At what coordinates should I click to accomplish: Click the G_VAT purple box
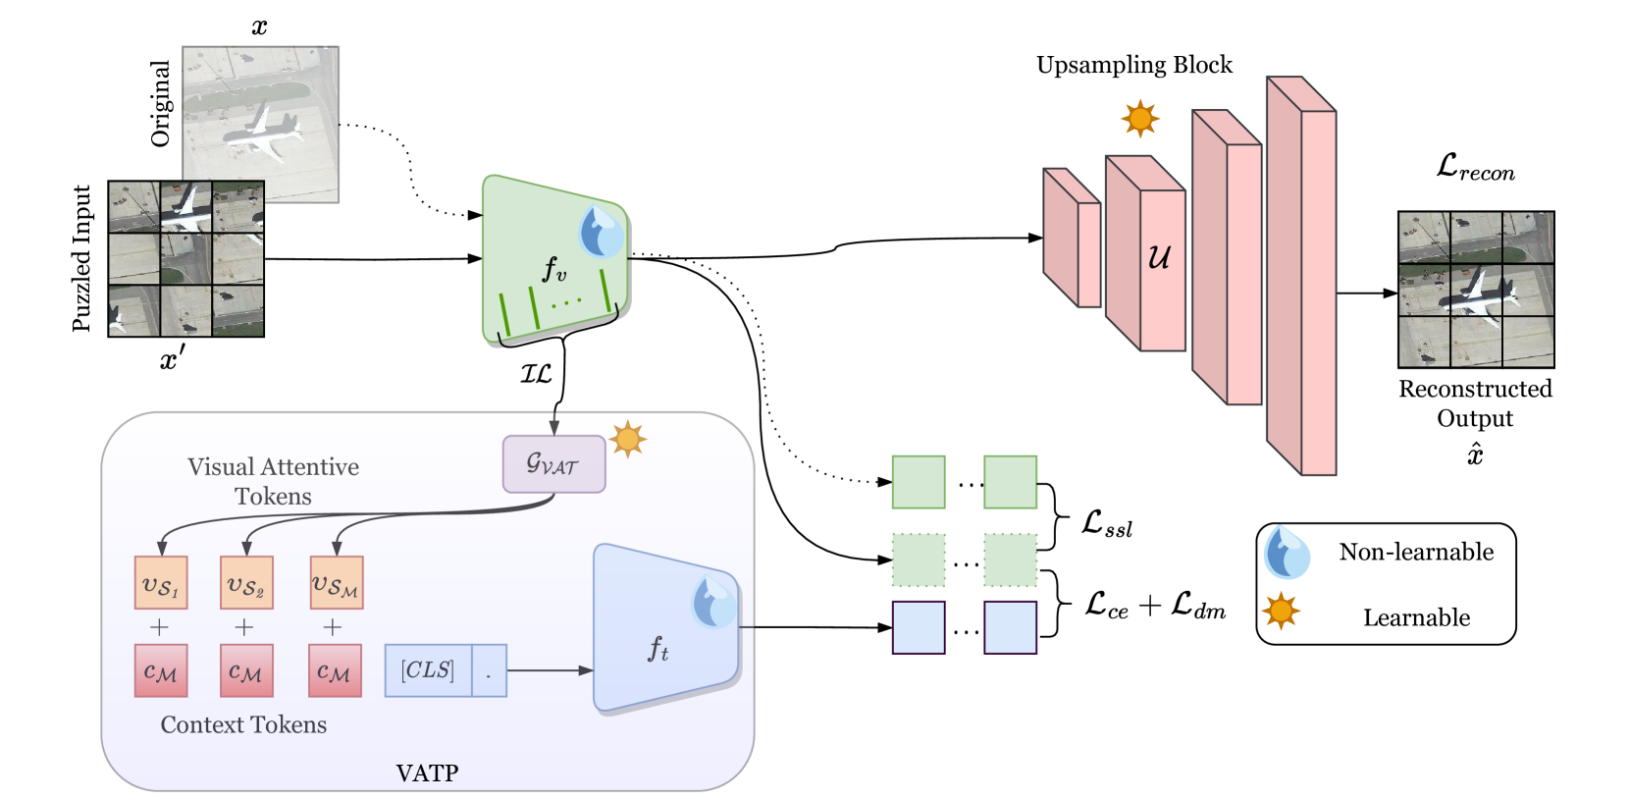click(553, 464)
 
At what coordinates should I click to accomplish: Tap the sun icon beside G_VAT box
click(628, 439)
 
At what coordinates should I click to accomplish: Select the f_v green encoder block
click(550, 260)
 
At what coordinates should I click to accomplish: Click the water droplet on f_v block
click(601, 232)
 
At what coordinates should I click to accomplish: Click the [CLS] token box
click(428, 670)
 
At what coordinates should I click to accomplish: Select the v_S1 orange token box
click(161, 583)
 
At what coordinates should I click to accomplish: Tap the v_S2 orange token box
click(246, 583)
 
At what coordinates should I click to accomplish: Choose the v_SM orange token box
click(337, 583)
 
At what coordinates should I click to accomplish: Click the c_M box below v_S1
click(161, 671)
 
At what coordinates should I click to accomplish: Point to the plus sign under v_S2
click(244, 626)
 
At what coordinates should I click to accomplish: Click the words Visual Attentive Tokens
click(273, 481)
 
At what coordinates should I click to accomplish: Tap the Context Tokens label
click(243, 724)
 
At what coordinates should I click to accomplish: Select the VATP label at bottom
click(427, 773)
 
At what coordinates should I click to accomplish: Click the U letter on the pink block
click(1159, 257)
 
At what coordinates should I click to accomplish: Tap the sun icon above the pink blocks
click(1140, 119)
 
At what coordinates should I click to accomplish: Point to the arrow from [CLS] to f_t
click(550, 670)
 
